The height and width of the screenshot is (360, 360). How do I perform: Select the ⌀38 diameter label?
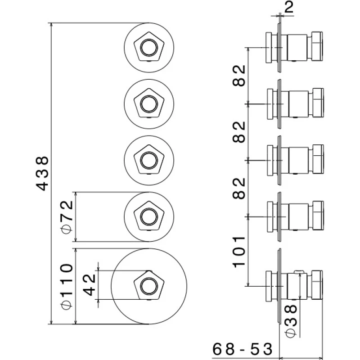291,319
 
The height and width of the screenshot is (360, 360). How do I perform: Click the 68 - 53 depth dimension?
243,349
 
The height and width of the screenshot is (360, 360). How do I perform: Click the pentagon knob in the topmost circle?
148,46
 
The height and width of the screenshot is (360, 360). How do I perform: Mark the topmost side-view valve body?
295,47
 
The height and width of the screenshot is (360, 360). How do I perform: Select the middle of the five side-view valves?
295,160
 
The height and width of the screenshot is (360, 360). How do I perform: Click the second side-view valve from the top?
295,103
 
